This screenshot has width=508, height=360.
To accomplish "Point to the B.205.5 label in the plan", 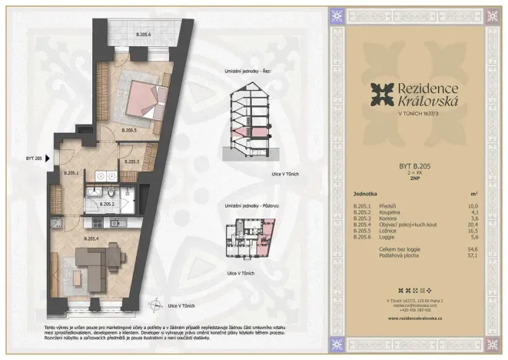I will pyautogui.click(x=130, y=131).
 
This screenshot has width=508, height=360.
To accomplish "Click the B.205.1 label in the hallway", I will pyautogui.click(x=71, y=173).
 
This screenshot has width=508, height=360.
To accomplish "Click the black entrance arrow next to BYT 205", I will pyautogui.click(x=48, y=158).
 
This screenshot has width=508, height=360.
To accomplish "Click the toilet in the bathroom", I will pyautogui.click(x=111, y=192).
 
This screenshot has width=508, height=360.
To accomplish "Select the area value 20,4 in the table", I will pyautogui.click(x=473, y=225).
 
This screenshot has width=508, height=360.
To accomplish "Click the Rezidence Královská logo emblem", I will pyautogui.click(x=381, y=95).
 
